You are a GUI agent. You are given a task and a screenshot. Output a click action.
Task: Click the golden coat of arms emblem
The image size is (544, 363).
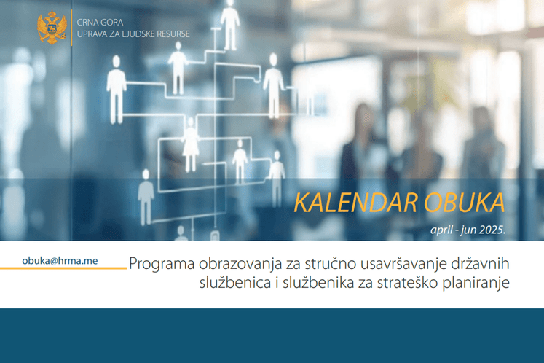click(x=52, y=28)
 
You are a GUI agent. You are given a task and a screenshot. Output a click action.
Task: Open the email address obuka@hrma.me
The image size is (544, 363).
click(x=60, y=259)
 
